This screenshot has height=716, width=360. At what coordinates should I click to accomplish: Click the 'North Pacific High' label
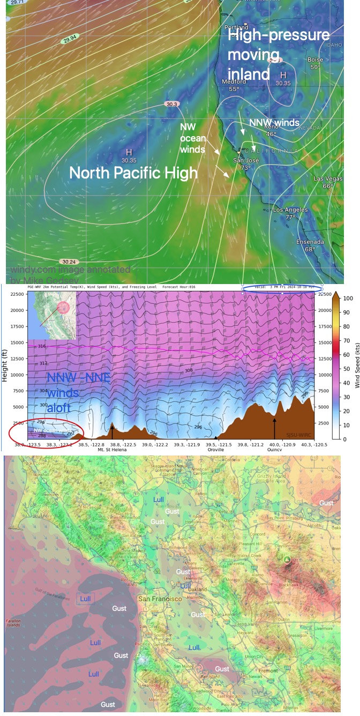pos(133,173)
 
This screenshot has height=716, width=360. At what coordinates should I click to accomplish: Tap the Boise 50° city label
pos(315,63)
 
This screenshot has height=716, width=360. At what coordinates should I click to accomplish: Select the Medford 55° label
pos(234,85)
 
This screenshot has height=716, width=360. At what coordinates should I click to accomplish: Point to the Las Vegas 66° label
pos(327,182)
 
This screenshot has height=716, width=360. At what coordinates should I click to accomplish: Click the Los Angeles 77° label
pos(290,213)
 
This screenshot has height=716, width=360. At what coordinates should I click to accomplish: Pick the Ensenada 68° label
pos(310,245)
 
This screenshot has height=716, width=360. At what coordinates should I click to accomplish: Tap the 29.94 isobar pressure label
pos(70,40)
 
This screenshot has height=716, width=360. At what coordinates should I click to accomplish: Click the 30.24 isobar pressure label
pos(69,262)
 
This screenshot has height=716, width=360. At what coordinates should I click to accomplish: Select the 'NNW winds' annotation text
pos(274,123)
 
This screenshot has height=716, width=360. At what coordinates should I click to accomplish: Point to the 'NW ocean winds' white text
pos(192,138)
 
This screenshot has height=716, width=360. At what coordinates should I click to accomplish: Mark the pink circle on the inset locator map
pos(63,307)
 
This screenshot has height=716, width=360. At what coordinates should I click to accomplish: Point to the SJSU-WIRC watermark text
pos(298,435)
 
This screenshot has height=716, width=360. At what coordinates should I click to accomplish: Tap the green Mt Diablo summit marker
pos(287,560)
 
